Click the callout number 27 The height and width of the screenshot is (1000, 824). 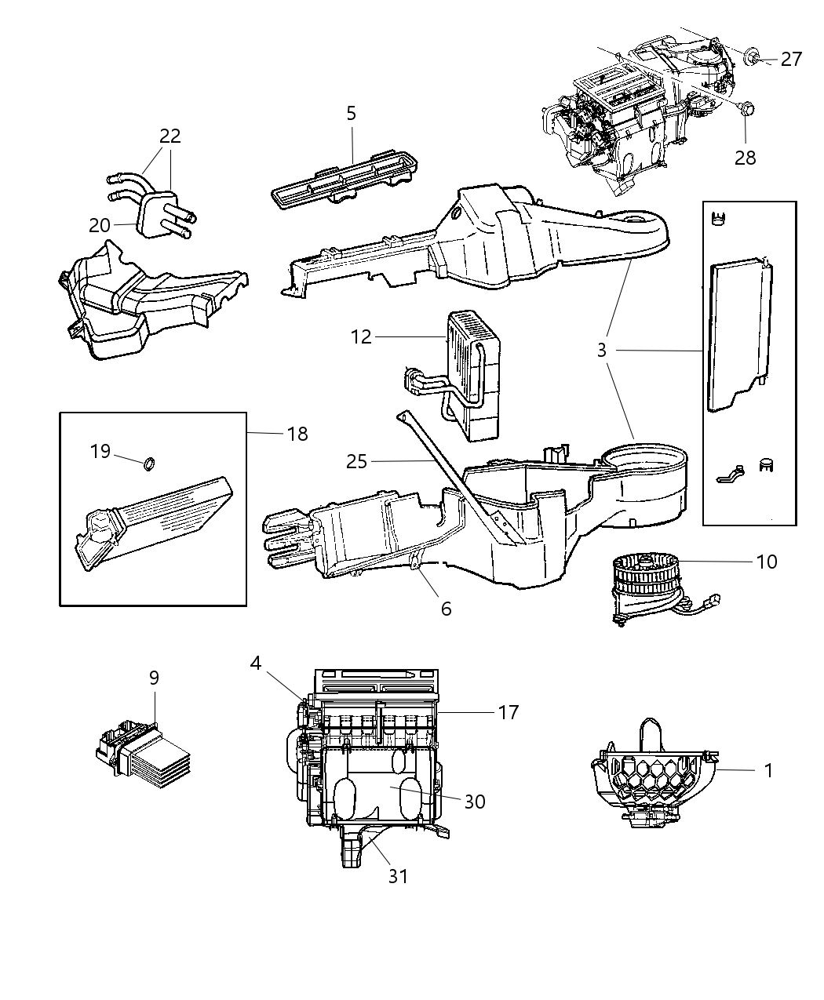click(791, 59)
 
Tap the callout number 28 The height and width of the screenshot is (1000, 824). click(745, 157)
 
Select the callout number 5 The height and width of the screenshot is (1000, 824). click(351, 114)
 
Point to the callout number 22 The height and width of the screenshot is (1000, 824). click(170, 136)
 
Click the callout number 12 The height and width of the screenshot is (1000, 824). click(361, 337)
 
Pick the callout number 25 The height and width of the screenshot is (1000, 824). click(356, 461)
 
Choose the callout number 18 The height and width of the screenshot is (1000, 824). click(297, 434)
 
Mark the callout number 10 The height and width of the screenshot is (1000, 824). click(767, 562)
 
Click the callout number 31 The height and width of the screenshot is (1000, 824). click(399, 875)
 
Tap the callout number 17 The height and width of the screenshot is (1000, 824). click(509, 712)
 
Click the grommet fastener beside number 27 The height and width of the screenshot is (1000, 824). click(752, 56)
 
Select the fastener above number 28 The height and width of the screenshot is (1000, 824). click(745, 109)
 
